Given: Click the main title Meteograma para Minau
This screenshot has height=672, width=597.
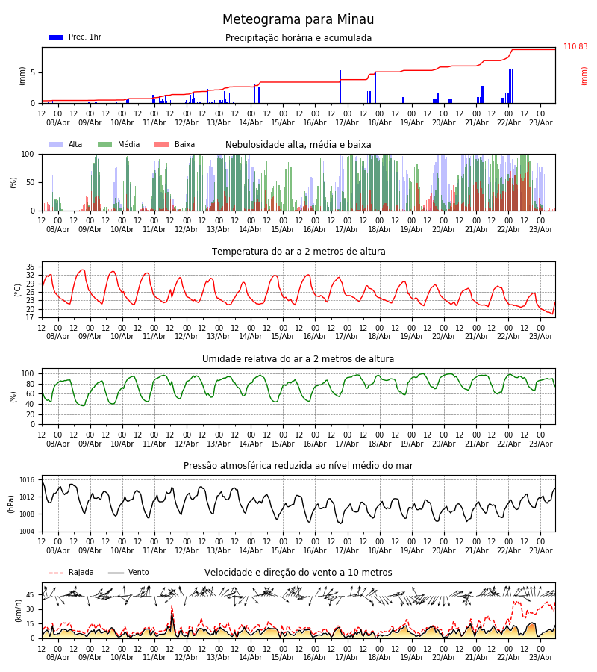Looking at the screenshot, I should [x=298, y=20].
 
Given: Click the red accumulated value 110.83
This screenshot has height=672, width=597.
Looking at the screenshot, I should [x=575, y=47].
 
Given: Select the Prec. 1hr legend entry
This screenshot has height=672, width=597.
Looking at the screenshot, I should [x=75, y=37].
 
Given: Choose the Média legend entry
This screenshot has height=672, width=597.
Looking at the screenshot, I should [x=119, y=145].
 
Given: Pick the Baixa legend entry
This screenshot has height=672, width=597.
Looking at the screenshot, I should [x=175, y=145].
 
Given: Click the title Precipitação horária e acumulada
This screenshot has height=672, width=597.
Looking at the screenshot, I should [x=298, y=38].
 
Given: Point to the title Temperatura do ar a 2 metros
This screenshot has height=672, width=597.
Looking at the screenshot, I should [x=298, y=252].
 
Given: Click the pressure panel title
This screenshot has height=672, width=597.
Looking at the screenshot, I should [x=298, y=466].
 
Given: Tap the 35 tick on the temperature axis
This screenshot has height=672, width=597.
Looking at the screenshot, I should [x=31, y=267].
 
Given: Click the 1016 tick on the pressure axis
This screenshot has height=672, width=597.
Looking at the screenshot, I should [x=28, y=480].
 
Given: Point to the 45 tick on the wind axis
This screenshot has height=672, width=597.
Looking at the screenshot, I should [x=31, y=595].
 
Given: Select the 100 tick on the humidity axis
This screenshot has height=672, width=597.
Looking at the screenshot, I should [x=28, y=373].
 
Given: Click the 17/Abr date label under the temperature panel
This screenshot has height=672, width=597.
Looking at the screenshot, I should [x=347, y=337].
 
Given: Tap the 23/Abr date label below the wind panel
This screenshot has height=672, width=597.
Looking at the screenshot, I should [x=540, y=658].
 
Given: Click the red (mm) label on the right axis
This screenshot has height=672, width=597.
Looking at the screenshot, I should [x=584, y=75].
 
